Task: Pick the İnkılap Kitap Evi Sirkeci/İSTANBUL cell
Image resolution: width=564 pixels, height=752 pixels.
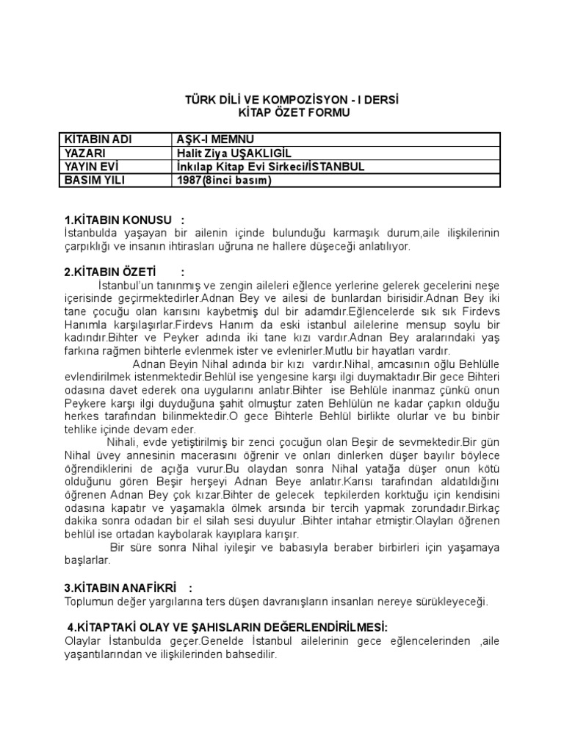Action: coord(271,167)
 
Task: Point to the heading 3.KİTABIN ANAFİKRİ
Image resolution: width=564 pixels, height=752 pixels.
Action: coord(122,589)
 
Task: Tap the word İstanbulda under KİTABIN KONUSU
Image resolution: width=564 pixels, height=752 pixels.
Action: coord(91,234)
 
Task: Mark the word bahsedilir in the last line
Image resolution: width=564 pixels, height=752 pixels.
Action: coord(250,654)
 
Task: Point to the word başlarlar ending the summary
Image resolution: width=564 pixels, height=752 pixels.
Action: coord(87,560)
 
